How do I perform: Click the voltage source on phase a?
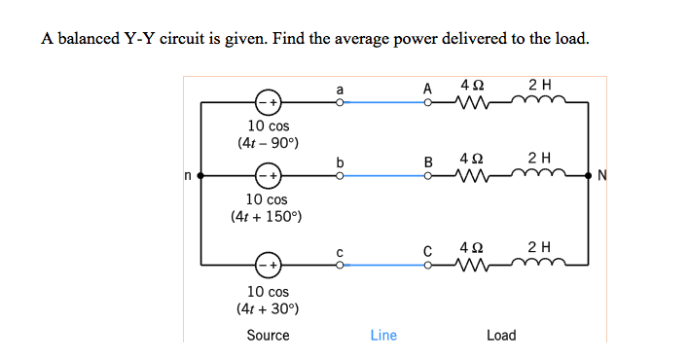pos(268,102)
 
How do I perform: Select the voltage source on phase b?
pos(268,176)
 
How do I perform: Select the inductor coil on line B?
pos(539,174)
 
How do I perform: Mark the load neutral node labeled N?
pos(588,176)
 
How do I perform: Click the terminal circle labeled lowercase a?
pos(339,102)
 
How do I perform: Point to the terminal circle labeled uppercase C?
pos(428,265)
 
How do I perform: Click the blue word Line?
pos(383,336)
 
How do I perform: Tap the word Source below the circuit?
pos(268,336)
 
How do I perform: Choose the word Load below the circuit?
pos(501,336)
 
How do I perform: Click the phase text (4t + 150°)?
pos(267,216)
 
